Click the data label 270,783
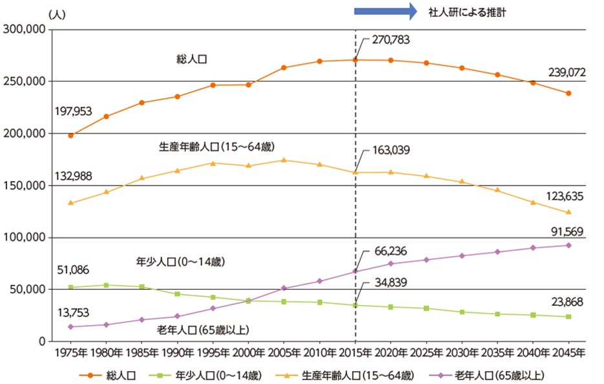[x=391, y=40]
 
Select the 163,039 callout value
[x=391, y=150]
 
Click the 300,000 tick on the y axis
[x=23, y=29]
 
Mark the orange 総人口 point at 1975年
[x=70, y=135]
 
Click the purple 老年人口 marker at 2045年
[x=568, y=245]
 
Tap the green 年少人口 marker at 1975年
[x=70, y=287]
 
